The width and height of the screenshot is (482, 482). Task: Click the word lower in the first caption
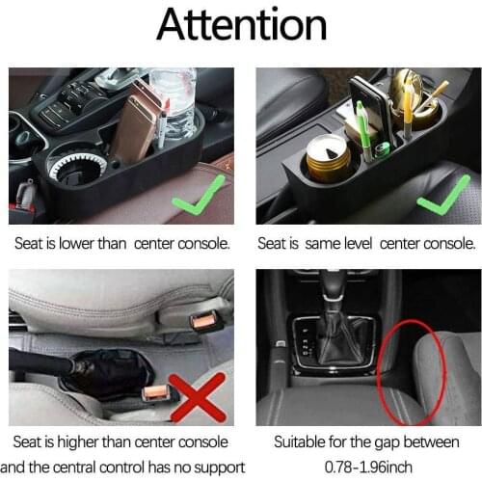(x=76, y=244)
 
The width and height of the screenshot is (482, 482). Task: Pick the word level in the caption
(x=371, y=244)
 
